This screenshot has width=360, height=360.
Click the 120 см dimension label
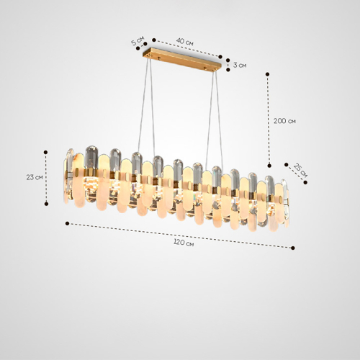184,243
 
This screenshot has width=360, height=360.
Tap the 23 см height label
35,177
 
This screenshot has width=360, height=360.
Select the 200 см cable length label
284,121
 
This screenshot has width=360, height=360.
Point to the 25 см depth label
300,171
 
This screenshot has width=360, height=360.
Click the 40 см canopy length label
185,42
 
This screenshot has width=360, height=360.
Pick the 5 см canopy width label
138,41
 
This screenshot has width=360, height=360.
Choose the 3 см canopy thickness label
240,65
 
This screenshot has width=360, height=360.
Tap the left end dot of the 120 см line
68,223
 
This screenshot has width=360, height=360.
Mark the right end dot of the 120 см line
293,248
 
